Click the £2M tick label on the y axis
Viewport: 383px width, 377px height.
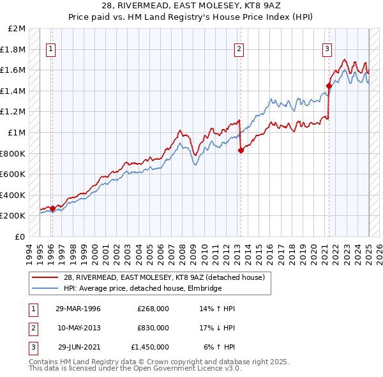tap(17, 29)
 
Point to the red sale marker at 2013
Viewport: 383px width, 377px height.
tap(241, 150)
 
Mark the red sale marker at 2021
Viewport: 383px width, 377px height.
tap(329, 86)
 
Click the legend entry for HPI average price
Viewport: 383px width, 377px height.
tap(142, 288)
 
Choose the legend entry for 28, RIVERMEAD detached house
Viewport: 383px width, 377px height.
tap(167, 277)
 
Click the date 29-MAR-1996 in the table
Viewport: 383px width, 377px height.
tap(79, 309)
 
